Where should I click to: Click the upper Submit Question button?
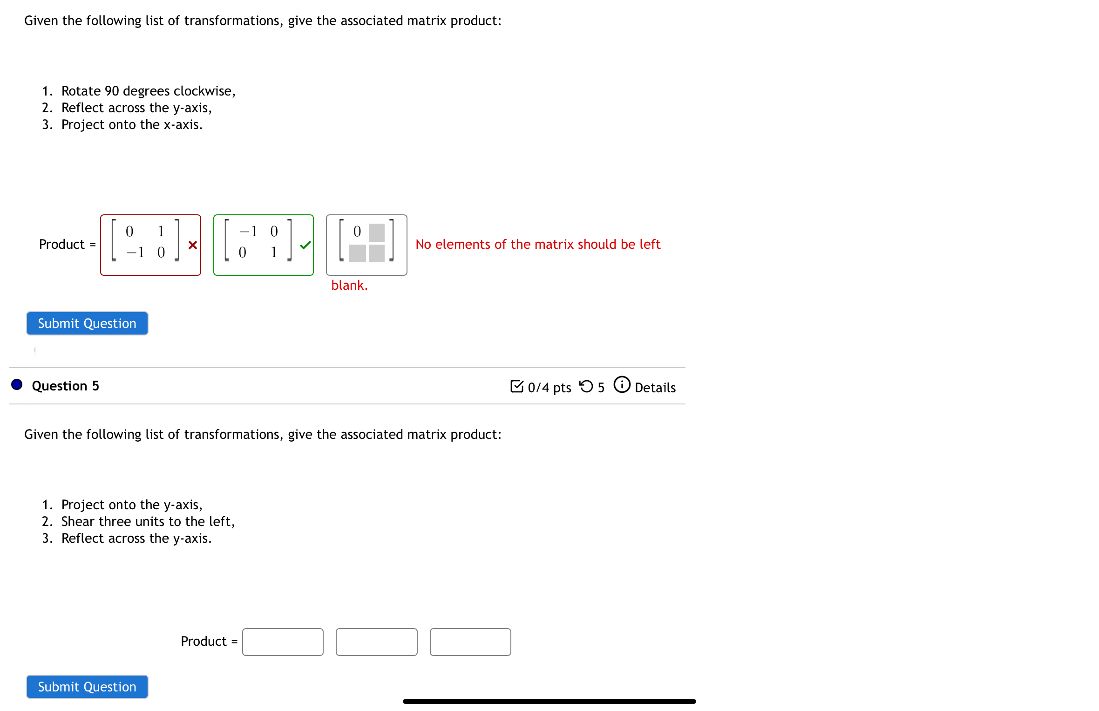point(87,323)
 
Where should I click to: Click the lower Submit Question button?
point(87,687)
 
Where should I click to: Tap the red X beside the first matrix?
point(192,245)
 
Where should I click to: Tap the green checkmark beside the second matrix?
point(305,245)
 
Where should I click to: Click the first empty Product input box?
point(283,642)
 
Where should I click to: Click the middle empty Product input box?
point(376,642)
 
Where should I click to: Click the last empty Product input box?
point(470,642)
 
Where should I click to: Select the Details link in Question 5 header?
point(655,388)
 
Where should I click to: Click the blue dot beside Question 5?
point(17,385)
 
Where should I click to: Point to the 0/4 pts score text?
point(549,388)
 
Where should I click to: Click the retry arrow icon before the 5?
point(586,386)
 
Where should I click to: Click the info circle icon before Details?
point(622,385)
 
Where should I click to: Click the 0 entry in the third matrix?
point(357,232)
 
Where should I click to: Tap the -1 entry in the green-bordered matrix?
point(249,232)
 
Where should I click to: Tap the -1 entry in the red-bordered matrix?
point(136,253)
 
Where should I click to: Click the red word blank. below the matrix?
point(349,286)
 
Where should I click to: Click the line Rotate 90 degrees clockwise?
point(148,91)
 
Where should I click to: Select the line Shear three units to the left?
point(148,521)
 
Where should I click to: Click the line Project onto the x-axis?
point(132,124)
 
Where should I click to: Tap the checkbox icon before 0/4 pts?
point(516,386)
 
